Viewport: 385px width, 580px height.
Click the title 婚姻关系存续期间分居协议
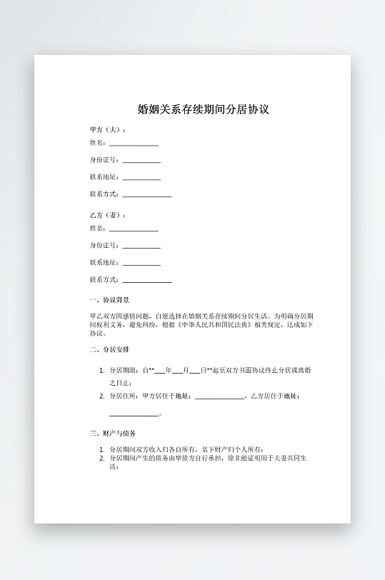[203, 110]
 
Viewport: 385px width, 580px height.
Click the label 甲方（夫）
[108, 129]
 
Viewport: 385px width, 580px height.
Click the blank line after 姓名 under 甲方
[134, 145]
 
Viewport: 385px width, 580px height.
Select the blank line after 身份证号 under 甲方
[141, 162]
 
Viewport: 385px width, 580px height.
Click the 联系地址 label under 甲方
[104, 176]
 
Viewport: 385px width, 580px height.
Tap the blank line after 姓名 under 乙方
[134, 231]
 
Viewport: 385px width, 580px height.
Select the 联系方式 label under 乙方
[104, 279]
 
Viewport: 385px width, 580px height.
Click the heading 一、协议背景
[109, 300]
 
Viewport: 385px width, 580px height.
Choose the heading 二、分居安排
[109, 349]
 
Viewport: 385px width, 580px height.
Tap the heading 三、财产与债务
[113, 433]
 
